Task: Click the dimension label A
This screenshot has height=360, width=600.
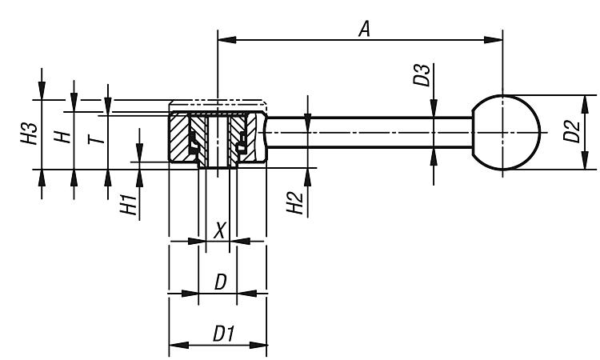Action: click(365, 29)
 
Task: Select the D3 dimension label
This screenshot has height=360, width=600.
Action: click(422, 75)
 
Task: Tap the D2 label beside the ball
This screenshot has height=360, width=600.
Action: click(572, 131)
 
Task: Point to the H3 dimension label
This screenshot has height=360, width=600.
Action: click(30, 134)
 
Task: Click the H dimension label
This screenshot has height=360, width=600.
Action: click(62, 137)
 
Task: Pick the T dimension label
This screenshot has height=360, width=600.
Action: click(96, 138)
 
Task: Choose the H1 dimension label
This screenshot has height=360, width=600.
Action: click(129, 205)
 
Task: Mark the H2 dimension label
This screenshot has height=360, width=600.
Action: click(295, 203)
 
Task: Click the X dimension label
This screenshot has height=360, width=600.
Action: click(219, 230)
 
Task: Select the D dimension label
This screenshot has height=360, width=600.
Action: click(221, 282)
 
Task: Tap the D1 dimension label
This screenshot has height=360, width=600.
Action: click(224, 334)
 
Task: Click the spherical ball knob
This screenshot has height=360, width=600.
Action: click(506, 132)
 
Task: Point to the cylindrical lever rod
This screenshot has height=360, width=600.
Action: click(370, 132)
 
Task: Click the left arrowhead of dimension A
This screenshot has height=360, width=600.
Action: click(226, 40)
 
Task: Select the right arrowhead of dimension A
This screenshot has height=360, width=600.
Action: click(494, 40)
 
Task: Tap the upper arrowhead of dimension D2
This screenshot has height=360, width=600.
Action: click(585, 105)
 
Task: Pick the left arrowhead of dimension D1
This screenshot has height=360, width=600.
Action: click(178, 345)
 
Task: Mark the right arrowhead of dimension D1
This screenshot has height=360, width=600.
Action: click(258, 345)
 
